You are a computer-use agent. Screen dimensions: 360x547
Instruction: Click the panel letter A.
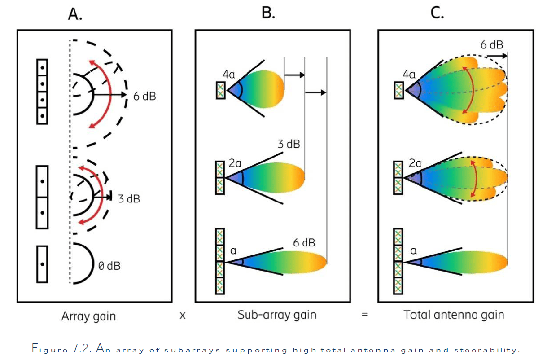(x=74, y=15)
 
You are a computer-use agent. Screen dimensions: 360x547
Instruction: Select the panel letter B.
(x=267, y=13)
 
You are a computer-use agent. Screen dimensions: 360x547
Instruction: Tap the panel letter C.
(x=437, y=13)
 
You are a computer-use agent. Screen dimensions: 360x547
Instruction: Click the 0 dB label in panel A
(x=109, y=266)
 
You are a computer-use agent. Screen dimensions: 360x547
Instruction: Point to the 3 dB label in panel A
(x=129, y=198)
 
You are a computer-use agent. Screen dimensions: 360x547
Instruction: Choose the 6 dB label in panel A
(x=145, y=96)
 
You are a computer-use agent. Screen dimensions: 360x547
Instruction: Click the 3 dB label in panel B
(x=289, y=144)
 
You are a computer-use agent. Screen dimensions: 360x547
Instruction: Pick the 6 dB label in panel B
(x=304, y=243)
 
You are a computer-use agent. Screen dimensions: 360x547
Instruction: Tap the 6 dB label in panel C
(x=491, y=45)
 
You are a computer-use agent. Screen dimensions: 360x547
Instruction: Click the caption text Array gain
(x=88, y=316)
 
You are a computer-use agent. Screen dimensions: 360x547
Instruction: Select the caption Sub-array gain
(x=276, y=315)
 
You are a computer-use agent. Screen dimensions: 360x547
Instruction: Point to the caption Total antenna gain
(x=454, y=315)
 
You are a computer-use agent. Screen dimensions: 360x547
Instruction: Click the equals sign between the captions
(x=364, y=315)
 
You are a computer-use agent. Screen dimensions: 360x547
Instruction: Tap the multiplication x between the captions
(x=183, y=316)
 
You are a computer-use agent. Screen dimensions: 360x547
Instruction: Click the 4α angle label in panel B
(x=229, y=75)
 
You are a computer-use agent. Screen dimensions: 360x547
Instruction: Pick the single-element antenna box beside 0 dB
(x=42, y=264)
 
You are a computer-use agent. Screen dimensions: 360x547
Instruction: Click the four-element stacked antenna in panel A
(x=42, y=91)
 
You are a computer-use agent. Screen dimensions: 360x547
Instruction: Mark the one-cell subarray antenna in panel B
(x=220, y=90)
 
